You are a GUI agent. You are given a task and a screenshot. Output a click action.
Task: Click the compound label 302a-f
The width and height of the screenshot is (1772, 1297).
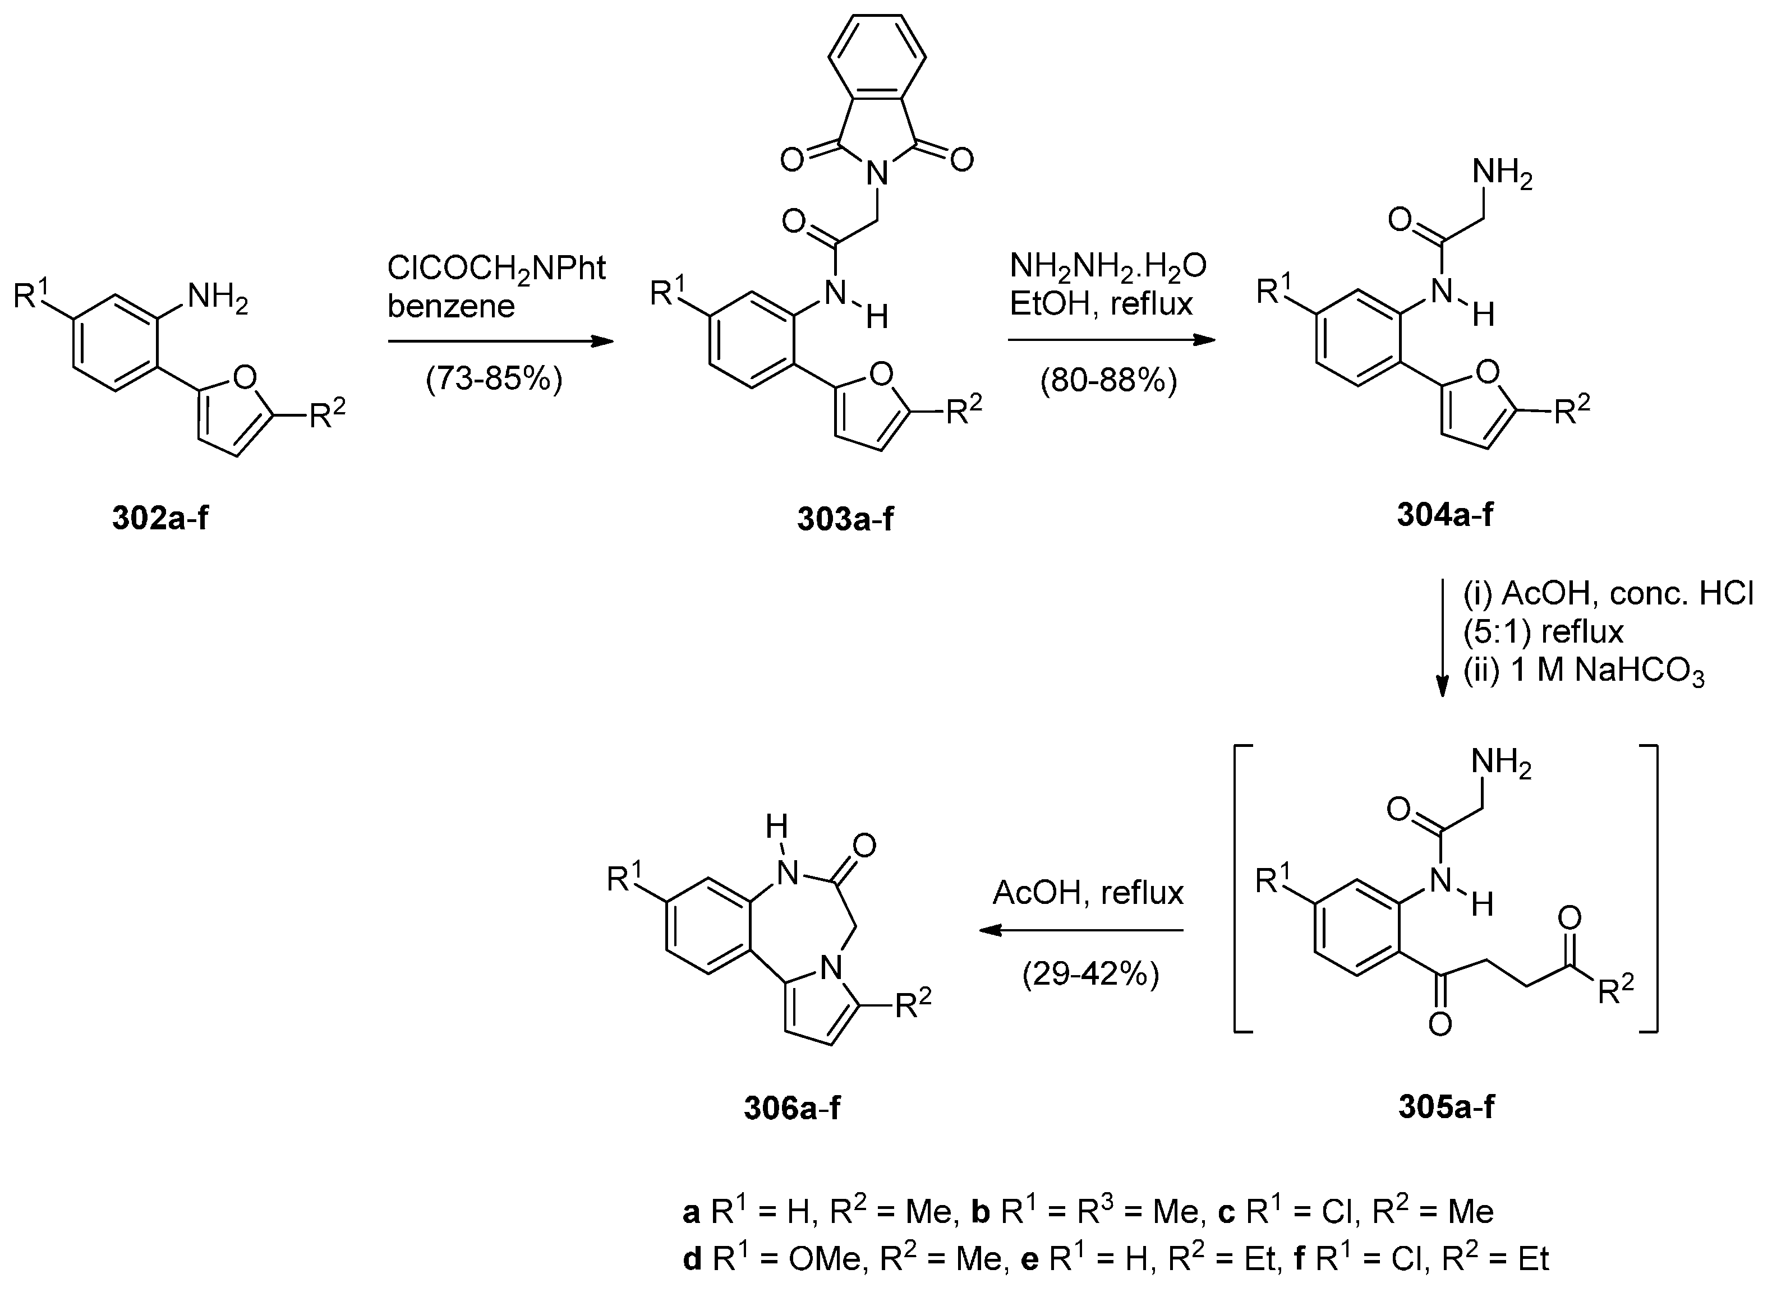(x=160, y=518)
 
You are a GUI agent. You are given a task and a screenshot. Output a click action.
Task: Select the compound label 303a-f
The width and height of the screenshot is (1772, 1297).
(x=845, y=519)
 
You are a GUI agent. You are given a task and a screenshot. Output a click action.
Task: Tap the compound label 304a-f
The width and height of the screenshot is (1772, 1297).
(x=1444, y=514)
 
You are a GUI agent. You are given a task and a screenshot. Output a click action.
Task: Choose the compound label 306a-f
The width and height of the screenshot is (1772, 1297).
(x=791, y=1107)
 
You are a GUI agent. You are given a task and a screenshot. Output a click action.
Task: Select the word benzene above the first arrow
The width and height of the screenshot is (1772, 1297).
(x=451, y=306)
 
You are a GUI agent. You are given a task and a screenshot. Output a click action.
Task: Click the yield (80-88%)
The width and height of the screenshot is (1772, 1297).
(x=1108, y=381)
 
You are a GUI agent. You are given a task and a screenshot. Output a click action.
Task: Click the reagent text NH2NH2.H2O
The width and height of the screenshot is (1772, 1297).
(x=1107, y=266)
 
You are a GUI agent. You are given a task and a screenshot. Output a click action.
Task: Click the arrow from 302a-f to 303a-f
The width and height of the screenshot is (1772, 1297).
(x=500, y=341)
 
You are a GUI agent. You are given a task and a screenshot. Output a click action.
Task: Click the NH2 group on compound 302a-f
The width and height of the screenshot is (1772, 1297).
(x=217, y=298)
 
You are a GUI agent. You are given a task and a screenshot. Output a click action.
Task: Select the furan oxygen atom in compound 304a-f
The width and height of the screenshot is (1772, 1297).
(x=1488, y=372)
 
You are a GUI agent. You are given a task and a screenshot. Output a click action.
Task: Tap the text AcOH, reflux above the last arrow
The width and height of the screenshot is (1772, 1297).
(x=1088, y=893)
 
